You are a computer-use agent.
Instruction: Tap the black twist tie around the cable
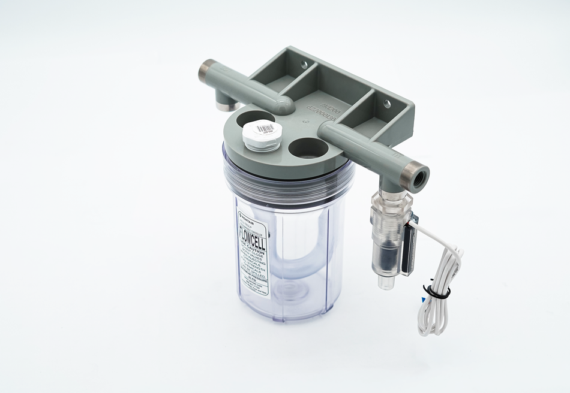(x=437, y=292)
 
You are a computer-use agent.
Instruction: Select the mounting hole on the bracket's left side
(x=304, y=64)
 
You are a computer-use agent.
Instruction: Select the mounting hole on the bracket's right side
(x=387, y=104)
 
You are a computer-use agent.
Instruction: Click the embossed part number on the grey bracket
(x=327, y=110)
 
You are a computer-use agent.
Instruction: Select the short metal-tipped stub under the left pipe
(x=224, y=102)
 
